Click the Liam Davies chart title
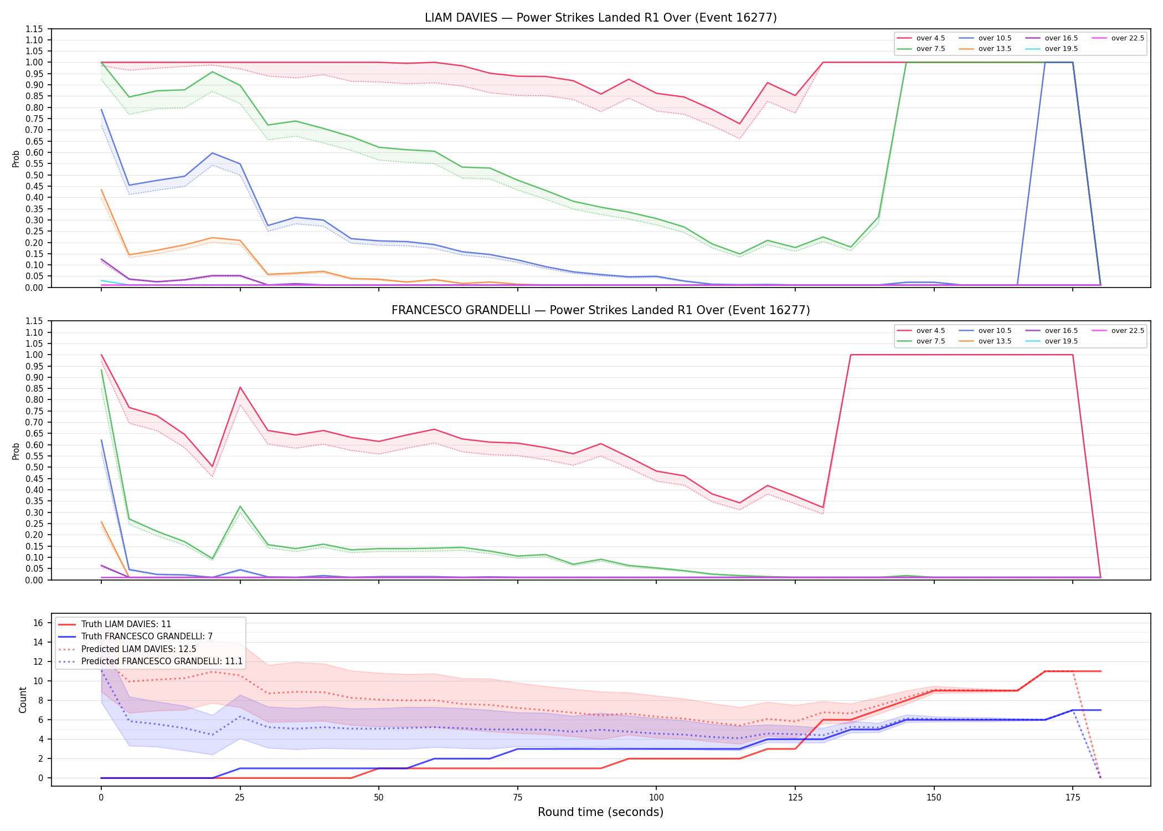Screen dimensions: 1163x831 600,18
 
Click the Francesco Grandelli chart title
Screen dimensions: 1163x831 600,310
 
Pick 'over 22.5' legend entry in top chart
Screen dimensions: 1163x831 1118,38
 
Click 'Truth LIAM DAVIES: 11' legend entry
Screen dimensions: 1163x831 115,624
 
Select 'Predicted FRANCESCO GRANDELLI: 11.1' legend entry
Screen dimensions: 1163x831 150,661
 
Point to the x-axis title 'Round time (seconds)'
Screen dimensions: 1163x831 600,812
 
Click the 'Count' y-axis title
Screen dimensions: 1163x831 23,700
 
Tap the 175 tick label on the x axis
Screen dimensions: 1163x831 1073,798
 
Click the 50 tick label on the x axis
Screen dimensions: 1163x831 378,798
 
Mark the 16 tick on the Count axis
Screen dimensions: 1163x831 38,623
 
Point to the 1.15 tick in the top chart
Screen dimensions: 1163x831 34,29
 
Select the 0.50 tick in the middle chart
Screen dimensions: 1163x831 34,467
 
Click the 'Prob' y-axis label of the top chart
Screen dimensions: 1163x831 16,158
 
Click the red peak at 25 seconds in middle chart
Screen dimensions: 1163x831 240,387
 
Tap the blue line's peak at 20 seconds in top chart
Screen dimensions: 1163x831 213,153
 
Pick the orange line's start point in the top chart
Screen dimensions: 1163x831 101,190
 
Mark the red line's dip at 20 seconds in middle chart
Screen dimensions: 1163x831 213,466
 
